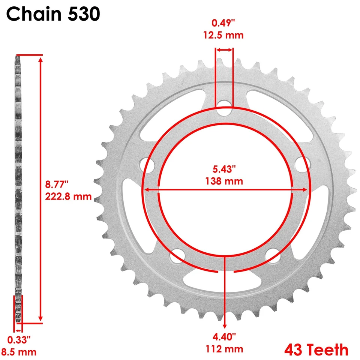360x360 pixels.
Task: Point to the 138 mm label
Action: [224, 181]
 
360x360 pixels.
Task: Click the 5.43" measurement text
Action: [224, 169]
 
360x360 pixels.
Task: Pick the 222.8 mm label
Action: [69, 196]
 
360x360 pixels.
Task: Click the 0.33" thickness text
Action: [18, 340]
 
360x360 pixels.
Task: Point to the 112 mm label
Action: [224, 349]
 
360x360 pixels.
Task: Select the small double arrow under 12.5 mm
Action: [224, 49]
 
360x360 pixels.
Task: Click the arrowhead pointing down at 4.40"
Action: [225, 325]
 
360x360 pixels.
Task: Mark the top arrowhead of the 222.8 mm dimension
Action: [40, 58]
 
